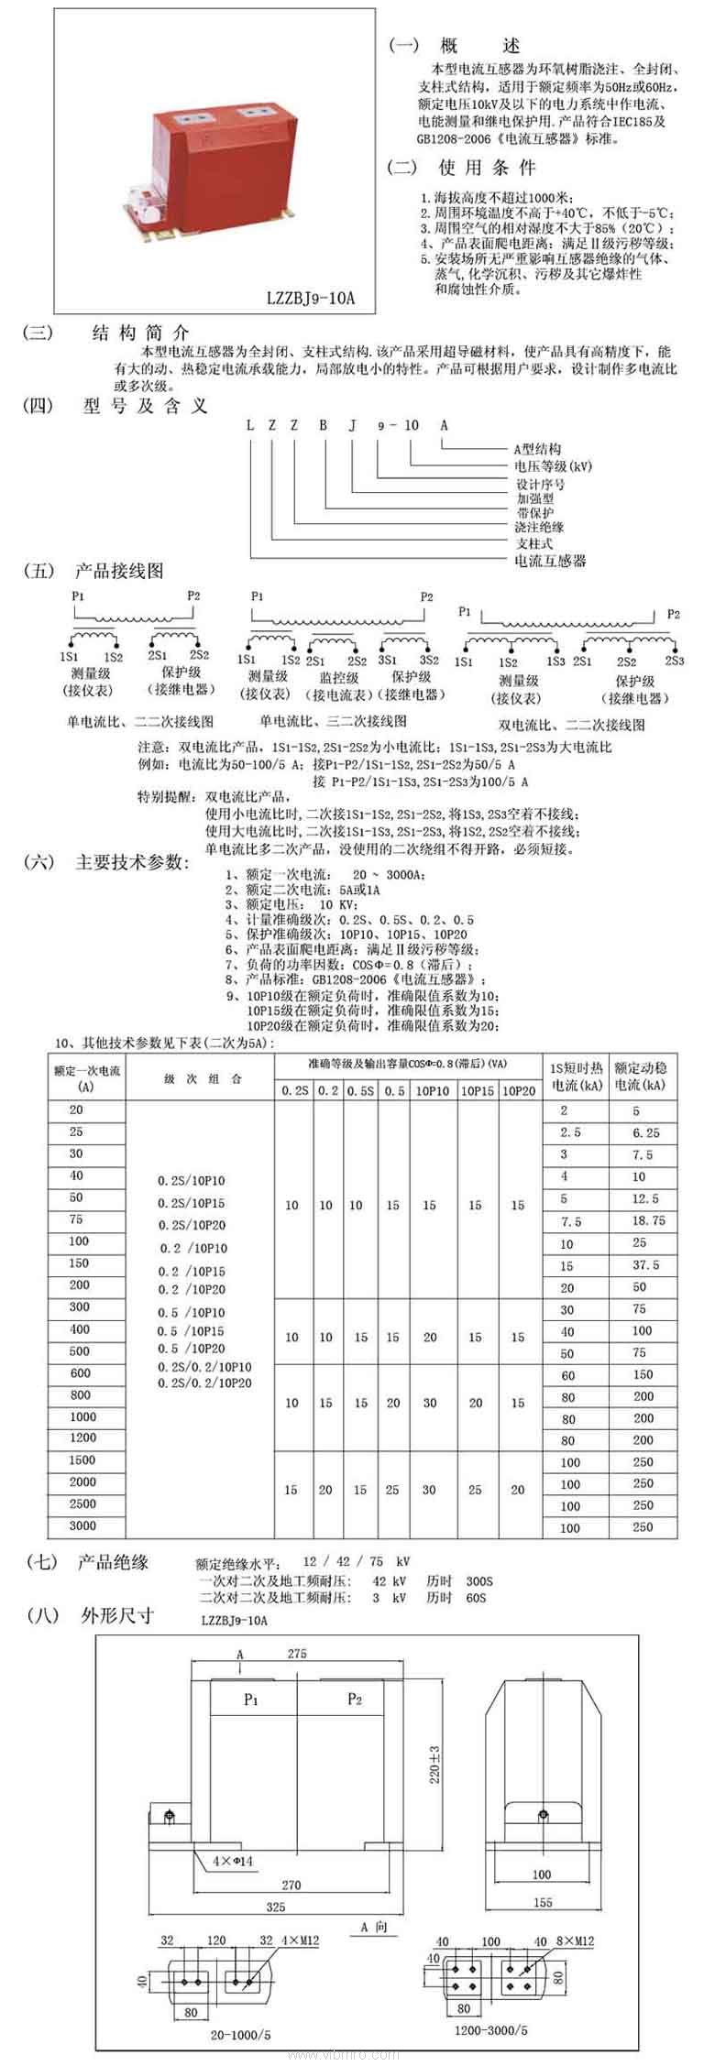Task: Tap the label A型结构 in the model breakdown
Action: tap(537, 449)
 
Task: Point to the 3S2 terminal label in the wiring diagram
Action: tap(429, 660)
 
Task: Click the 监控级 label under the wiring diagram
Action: tap(338, 677)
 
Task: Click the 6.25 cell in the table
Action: tap(645, 1132)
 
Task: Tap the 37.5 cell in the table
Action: tap(645, 1264)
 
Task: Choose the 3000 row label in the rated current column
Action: tap(82, 1525)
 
